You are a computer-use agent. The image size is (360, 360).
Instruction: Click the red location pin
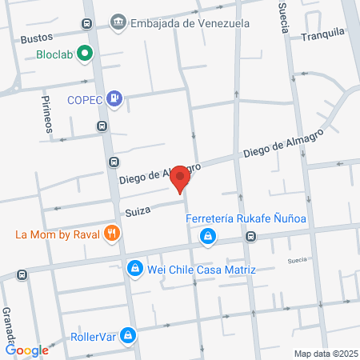(x=181, y=178)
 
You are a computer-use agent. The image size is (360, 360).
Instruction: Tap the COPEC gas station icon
(x=117, y=99)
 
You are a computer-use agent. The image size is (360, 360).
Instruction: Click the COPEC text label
(x=86, y=100)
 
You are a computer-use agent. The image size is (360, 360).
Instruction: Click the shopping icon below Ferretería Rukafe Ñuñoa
(x=208, y=236)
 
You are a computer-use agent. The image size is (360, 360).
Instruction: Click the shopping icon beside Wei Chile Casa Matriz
(x=135, y=268)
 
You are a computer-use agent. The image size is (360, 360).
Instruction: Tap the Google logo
(x=27, y=350)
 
